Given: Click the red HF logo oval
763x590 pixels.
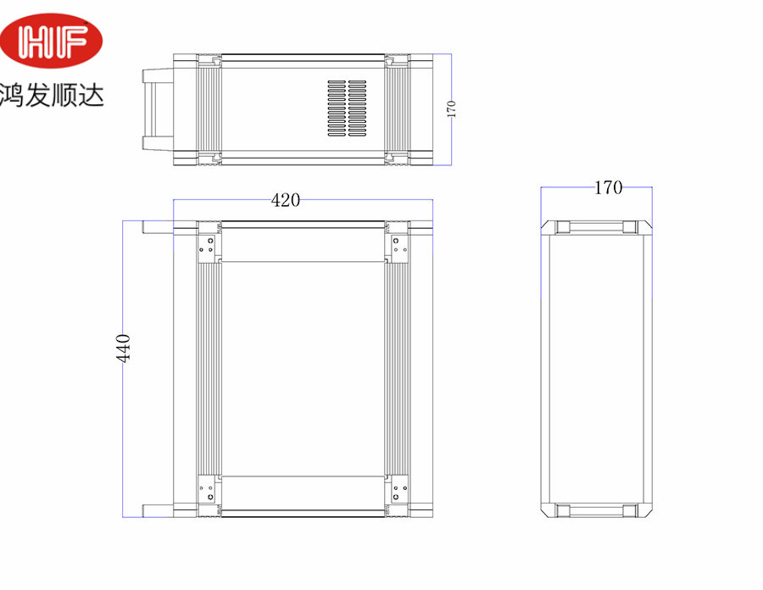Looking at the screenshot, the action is coord(51,41).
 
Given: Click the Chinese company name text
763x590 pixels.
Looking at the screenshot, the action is coord(52,95).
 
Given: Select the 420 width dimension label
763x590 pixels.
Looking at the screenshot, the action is coord(285,200).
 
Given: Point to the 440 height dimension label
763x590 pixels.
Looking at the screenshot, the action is coord(123,348).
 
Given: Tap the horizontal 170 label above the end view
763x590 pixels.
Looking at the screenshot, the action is coord(608,187).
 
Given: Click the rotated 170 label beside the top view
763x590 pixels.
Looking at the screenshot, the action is coord(451,109).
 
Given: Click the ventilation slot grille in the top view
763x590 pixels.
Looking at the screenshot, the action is coord(347,109).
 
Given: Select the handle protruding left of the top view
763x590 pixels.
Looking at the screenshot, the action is coord(158,109).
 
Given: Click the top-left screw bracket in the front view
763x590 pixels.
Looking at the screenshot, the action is coord(206,246).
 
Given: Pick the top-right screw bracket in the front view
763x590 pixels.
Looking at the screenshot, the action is coord(400,246).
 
